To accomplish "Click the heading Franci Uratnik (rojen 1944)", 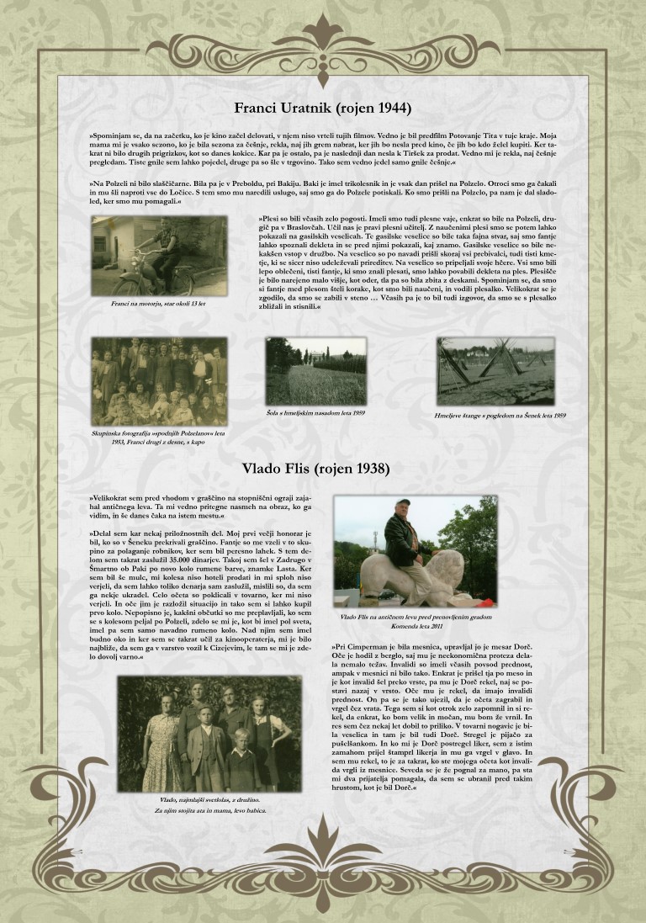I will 322,108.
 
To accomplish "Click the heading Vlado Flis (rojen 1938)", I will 322,466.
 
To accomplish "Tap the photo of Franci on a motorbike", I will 159,256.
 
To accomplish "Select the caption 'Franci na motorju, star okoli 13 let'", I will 158,304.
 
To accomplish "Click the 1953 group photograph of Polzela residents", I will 159,381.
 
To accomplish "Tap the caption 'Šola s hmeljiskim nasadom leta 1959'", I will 316,412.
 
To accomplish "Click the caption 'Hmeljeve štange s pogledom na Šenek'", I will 500,416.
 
